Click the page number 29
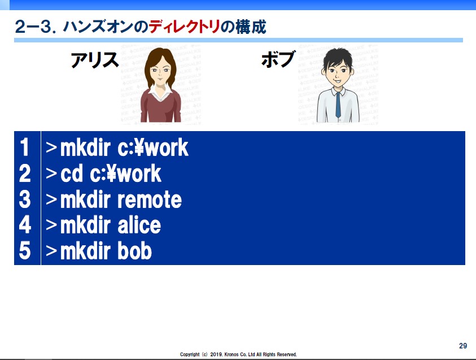(463, 346)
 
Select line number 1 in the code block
(25, 148)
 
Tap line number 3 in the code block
(25, 199)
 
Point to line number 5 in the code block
(25, 251)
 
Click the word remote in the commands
(150, 200)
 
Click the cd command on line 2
(72, 174)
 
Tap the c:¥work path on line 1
(153, 148)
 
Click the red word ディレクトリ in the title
(184, 27)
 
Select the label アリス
(94, 59)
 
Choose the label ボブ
(278, 59)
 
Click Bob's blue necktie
(338, 105)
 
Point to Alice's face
(160, 71)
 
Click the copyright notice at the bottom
(238, 354)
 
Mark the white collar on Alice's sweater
(160, 93)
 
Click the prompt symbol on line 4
(51, 225)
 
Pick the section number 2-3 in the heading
(34, 27)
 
